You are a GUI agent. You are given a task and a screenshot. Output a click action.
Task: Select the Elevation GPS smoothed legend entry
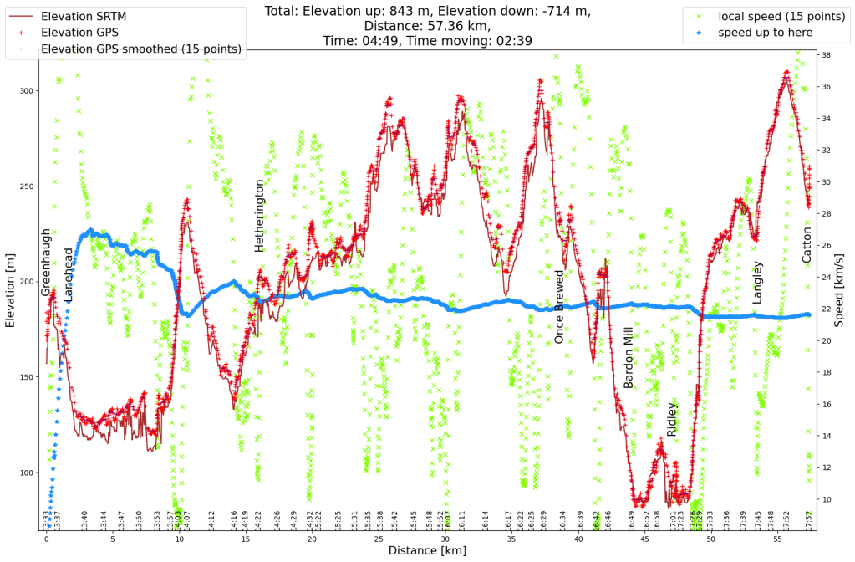coord(141,49)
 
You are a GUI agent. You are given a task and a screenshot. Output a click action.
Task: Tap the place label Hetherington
coord(259,215)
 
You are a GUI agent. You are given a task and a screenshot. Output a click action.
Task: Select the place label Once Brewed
coord(559,306)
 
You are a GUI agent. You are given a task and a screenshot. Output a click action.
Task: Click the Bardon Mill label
coord(629,357)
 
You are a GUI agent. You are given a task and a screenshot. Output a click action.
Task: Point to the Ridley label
coord(672,419)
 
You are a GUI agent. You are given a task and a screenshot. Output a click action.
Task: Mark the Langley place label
coord(757,282)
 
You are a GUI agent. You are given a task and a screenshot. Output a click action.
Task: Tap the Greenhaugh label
coord(46,262)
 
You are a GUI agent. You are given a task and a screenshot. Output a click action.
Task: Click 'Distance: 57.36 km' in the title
coord(427,26)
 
